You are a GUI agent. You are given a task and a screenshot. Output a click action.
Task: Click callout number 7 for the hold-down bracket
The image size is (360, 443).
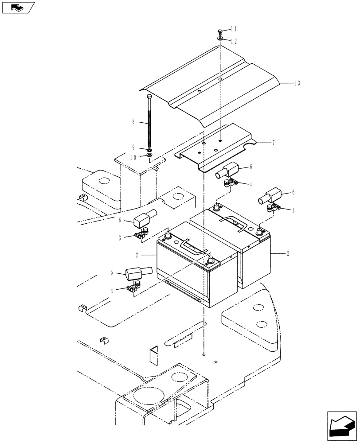(274, 143)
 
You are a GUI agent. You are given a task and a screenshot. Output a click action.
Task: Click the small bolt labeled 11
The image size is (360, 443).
(220, 31)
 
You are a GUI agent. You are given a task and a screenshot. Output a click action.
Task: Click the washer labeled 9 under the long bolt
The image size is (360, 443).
(149, 150)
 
